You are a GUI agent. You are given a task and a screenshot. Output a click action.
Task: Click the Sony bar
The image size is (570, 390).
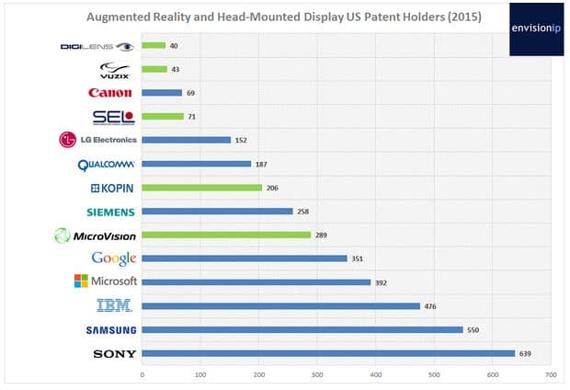[x=328, y=352]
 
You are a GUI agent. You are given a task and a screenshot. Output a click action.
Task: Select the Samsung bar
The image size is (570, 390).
[x=302, y=329]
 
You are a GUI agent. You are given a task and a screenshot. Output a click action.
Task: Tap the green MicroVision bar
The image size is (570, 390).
[x=226, y=235]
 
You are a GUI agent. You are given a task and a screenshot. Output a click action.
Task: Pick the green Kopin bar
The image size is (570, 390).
[x=202, y=188]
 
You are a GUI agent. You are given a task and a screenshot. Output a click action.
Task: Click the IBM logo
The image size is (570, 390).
[x=117, y=305]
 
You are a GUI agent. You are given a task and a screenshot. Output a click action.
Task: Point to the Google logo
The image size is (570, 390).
[x=114, y=258]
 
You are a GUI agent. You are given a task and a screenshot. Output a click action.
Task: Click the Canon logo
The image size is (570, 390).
[x=110, y=93]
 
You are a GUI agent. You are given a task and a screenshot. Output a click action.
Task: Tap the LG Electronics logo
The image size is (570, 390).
[x=97, y=140]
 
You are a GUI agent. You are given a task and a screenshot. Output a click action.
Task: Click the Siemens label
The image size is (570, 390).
[x=108, y=212]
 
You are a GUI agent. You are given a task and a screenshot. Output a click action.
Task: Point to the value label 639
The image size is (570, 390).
[x=528, y=352]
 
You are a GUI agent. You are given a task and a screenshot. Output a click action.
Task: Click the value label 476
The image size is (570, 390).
[x=430, y=305]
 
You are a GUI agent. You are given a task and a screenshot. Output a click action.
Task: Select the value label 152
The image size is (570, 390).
[x=242, y=140]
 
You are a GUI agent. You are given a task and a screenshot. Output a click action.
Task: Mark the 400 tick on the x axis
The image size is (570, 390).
[x=376, y=374]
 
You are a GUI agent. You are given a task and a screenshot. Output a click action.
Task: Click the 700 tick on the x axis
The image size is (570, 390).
[x=551, y=374]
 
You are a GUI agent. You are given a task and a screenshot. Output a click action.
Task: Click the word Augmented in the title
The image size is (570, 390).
[x=117, y=17]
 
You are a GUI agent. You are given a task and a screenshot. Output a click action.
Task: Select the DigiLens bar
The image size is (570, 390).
[x=154, y=45]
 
